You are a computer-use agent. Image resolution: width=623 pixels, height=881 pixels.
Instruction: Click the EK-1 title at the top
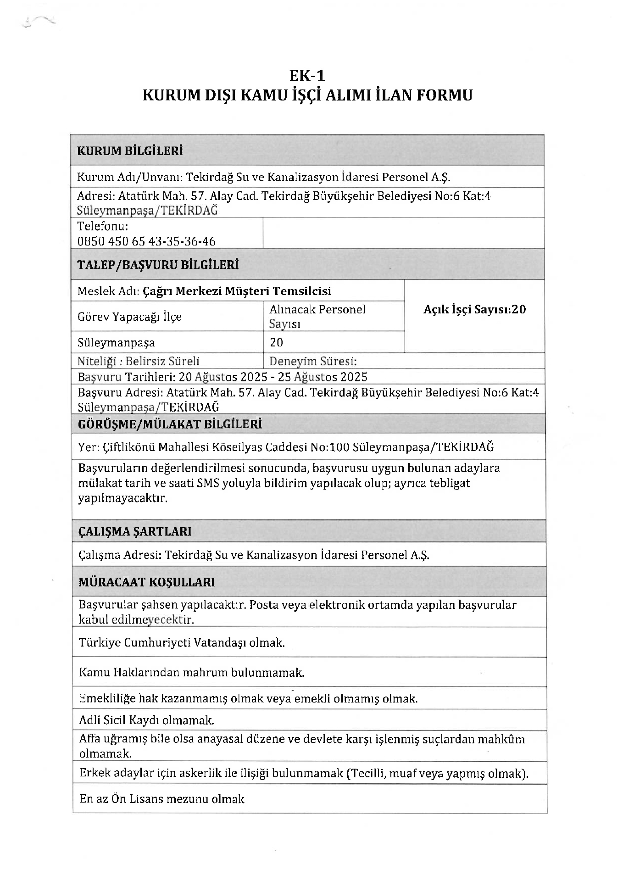pyautogui.click(x=307, y=75)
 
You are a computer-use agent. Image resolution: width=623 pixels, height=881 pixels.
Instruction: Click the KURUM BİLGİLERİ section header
pyautogui.click(x=129, y=151)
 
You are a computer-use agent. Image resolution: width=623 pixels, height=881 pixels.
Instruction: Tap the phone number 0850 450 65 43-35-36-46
pyautogui.click(x=146, y=241)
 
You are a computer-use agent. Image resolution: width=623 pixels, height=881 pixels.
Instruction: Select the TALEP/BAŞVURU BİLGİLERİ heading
pyautogui.click(x=158, y=265)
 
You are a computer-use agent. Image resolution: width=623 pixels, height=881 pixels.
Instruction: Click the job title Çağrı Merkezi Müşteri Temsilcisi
pyautogui.click(x=237, y=291)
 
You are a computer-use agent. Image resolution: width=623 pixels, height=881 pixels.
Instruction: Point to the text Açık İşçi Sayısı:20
pyautogui.click(x=474, y=309)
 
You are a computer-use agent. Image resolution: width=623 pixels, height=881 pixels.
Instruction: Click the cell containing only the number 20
pyautogui.click(x=277, y=342)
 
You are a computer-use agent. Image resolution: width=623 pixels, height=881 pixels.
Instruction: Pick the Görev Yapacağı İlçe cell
pyautogui.click(x=129, y=317)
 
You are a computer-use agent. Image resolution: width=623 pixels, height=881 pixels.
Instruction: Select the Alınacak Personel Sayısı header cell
pyautogui.click(x=317, y=316)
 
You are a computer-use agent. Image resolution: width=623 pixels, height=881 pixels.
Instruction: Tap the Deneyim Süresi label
pyautogui.click(x=313, y=361)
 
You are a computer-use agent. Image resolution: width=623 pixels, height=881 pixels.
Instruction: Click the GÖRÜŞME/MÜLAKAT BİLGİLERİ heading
pyautogui.click(x=170, y=424)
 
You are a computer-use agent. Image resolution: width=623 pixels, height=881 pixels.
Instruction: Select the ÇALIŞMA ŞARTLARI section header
pyautogui.click(x=135, y=531)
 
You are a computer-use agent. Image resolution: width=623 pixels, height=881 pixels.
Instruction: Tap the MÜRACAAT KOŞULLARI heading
pyautogui.click(x=147, y=582)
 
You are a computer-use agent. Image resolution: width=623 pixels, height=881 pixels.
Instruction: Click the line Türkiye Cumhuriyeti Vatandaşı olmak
pyautogui.click(x=182, y=642)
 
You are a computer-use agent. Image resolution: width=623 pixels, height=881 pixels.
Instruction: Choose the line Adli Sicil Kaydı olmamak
pyautogui.click(x=146, y=720)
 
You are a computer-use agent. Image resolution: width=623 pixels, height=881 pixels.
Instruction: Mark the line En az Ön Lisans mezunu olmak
pyautogui.click(x=161, y=799)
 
